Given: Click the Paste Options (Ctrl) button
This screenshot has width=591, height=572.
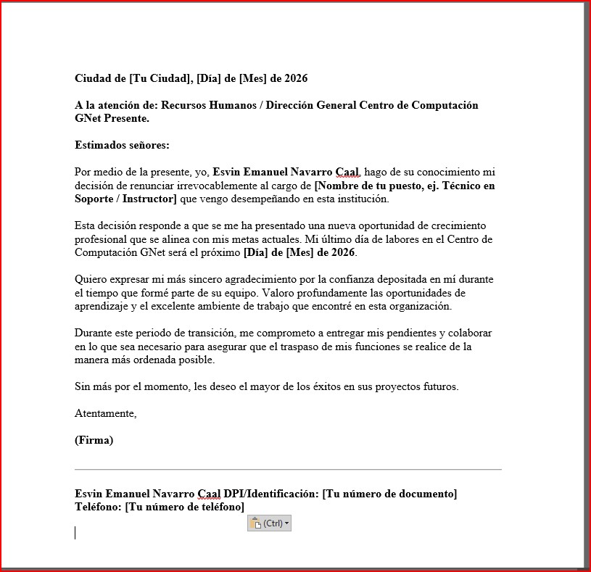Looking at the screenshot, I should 269,523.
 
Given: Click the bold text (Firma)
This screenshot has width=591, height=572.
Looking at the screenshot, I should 94,440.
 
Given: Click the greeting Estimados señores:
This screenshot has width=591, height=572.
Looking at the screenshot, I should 122,145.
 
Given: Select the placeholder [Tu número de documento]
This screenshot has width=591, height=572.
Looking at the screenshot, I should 389,494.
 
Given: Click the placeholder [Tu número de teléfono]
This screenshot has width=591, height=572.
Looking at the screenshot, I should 185,507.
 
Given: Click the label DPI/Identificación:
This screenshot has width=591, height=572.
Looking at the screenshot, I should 271,494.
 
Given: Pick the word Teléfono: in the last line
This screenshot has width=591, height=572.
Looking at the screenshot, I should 99,507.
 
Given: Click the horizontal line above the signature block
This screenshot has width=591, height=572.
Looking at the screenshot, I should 288,469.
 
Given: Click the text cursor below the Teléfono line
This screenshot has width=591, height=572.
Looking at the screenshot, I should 75,533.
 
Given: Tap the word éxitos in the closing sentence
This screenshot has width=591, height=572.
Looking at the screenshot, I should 326,386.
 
